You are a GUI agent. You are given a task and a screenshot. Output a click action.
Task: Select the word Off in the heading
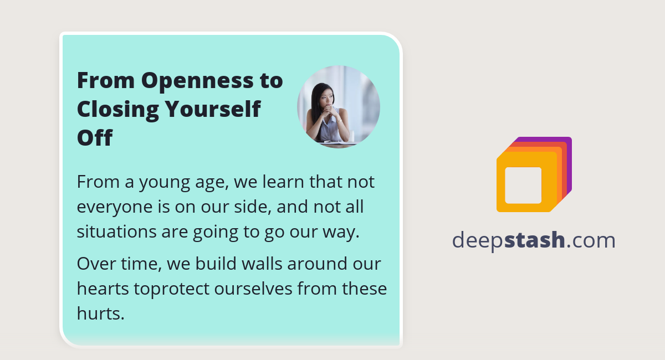(x=94, y=138)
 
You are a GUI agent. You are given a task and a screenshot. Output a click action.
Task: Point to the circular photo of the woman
(x=339, y=107)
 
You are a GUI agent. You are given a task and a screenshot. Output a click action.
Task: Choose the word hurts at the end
(x=100, y=314)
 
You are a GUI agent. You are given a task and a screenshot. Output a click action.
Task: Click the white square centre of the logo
(x=523, y=185)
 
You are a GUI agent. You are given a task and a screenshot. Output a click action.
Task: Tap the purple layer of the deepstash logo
(x=567, y=166)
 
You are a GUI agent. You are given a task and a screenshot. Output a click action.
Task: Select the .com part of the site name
(x=591, y=240)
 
